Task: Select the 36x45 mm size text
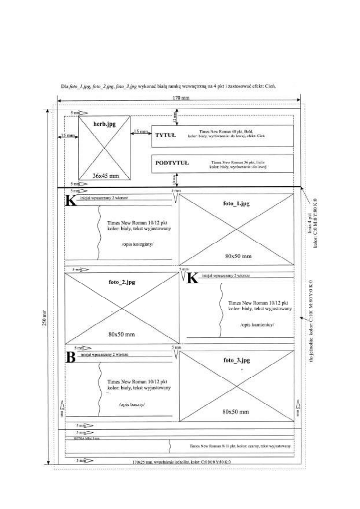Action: [104, 176]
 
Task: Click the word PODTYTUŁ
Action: [172, 163]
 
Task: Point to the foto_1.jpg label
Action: [236, 204]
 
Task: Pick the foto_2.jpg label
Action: [121, 282]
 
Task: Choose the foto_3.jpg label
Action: [236, 360]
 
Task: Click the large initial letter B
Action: [71, 358]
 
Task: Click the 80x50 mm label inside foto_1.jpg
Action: [236, 256]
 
